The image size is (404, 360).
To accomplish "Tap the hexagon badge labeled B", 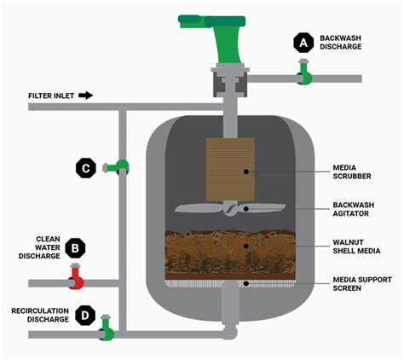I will [75, 249].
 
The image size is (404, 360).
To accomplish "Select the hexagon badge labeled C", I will [85, 168].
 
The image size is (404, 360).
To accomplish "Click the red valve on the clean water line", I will [76, 277].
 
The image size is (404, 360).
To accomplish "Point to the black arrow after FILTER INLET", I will [85, 96].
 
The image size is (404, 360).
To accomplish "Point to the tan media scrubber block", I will [230, 170].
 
